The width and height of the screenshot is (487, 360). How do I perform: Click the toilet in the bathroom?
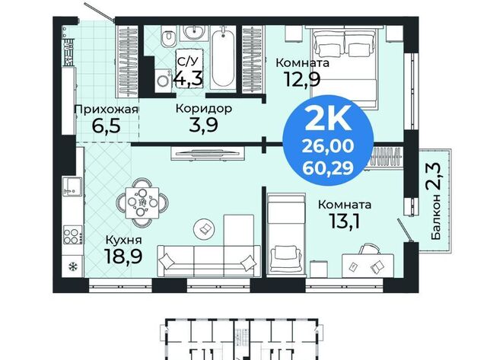168,37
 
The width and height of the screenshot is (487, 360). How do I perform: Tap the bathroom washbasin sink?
193,32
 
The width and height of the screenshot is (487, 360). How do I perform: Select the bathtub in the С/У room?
223,59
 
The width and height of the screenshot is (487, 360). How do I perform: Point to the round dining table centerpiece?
142,202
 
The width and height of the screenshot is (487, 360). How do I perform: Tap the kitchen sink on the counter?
72,186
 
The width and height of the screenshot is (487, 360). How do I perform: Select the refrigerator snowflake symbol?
73,266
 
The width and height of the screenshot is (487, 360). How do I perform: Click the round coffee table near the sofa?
204,229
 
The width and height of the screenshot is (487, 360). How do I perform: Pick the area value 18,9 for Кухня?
123,256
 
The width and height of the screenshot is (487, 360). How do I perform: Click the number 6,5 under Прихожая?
107,126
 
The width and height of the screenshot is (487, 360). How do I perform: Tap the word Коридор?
204,109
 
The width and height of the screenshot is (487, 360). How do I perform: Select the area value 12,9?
302,79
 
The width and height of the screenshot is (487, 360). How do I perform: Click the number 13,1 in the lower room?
345,221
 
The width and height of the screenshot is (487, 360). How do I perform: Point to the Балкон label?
436,217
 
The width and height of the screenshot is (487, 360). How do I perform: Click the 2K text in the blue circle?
328,119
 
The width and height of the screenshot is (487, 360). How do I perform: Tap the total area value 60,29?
328,168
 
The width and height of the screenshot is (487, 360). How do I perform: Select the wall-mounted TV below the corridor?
208,153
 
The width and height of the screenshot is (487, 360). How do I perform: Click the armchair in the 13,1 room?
286,259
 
